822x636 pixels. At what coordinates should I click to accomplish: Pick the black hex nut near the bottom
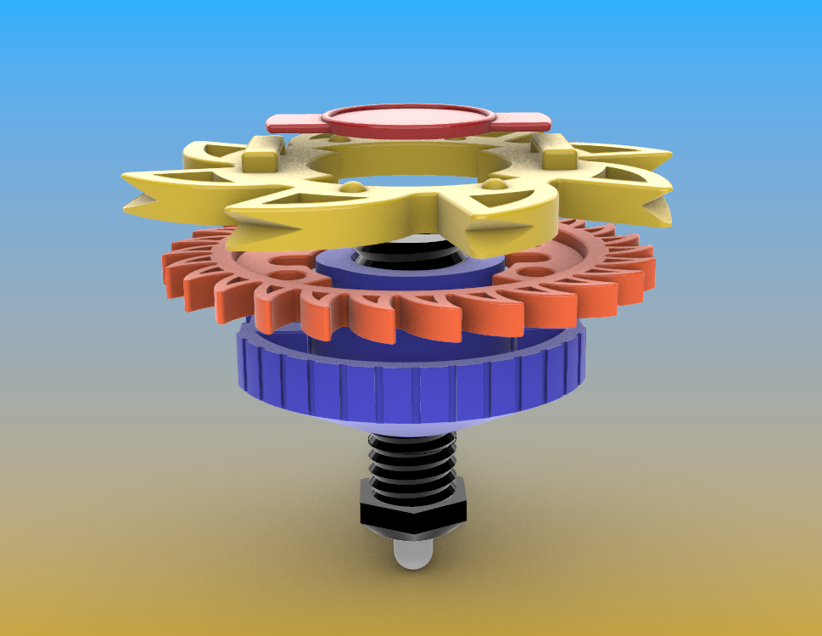click(413, 510)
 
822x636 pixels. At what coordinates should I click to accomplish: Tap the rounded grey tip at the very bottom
click(411, 555)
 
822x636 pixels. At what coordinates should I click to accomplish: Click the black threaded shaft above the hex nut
click(411, 463)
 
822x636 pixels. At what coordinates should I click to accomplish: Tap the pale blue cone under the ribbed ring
click(411, 427)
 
